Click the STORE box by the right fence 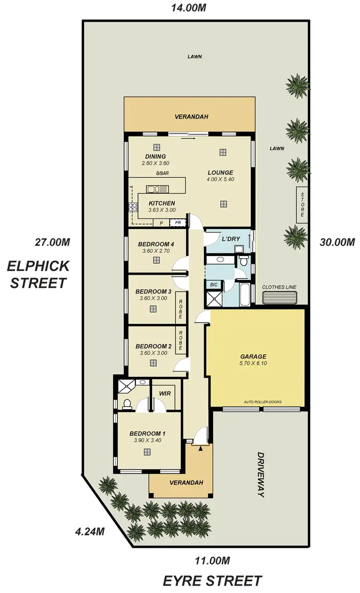coord(302,205)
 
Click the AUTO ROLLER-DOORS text coord(262,401)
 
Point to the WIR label coord(165,393)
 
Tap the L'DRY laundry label coord(228,239)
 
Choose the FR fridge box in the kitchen coord(178,223)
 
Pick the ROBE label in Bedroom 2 coord(181,341)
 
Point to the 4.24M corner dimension coord(90,532)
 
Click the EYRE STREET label coord(213,580)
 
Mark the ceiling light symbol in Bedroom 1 coord(147,451)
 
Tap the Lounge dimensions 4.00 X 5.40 coord(220,180)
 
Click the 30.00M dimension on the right coord(337,242)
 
